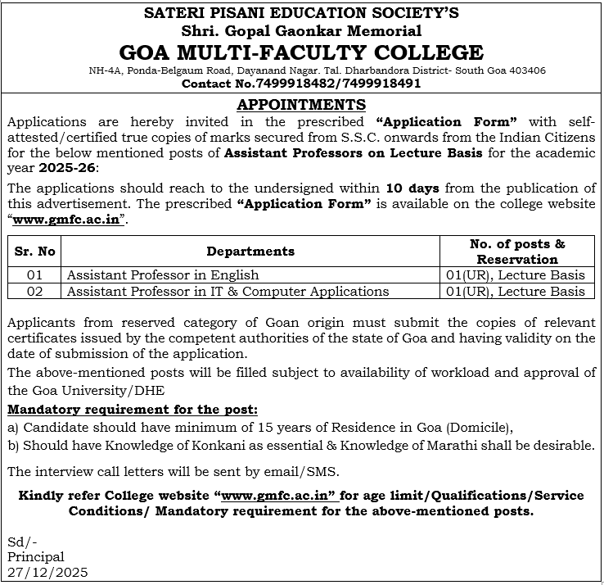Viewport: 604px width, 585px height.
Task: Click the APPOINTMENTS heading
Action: point(301,104)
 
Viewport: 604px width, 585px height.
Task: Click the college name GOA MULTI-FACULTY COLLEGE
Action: point(301,53)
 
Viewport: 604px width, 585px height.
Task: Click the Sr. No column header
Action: point(34,252)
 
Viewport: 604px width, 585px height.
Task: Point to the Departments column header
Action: point(250,252)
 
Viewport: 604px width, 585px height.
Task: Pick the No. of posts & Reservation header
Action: point(517,252)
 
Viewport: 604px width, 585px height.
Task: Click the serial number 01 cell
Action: point(34,275)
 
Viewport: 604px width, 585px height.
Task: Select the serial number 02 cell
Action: point(34,291)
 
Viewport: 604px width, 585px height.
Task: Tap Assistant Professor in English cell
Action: point(163,275)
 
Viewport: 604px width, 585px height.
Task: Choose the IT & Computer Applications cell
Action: point(228,291)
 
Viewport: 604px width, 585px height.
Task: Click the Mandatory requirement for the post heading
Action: point(133,409)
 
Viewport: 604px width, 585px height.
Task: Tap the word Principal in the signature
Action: point(35,557)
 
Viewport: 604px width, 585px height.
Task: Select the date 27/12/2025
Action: point(47,572)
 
